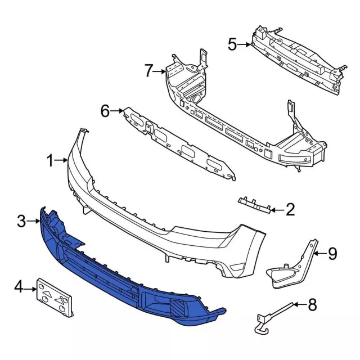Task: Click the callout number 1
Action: (51, 161)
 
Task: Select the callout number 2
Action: (290, 210)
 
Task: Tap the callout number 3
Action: (21, 222)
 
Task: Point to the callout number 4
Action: (19, 289)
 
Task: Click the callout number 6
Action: (105, 111)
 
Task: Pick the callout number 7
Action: (148, 71)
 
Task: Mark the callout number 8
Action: (313, 306)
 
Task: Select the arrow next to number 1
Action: (63, 161)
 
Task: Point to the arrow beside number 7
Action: (161, 71)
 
